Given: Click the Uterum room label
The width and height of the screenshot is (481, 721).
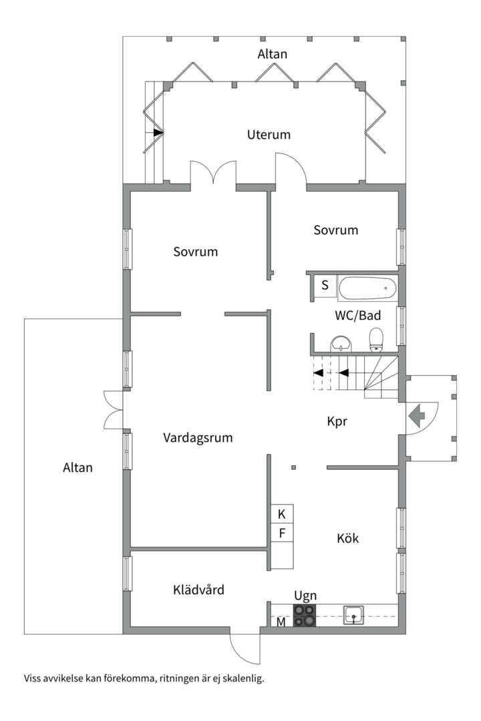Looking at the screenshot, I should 269,134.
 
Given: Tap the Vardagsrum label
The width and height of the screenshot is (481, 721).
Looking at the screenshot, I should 198,438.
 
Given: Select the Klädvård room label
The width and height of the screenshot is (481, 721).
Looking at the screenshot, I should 198,589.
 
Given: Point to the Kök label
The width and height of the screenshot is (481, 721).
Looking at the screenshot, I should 347,537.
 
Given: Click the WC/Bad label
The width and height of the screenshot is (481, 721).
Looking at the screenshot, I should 357,315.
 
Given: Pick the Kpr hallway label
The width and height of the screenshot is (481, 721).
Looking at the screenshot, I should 339,421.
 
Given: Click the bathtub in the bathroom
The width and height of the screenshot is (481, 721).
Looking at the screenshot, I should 367,288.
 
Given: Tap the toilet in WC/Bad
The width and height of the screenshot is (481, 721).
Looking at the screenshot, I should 376,338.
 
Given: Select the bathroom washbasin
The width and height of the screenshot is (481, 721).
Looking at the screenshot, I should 342,344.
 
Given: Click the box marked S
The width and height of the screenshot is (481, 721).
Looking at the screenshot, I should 325,286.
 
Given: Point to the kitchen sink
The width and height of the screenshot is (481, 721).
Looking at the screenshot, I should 353,615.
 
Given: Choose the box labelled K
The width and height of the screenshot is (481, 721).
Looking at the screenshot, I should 281,513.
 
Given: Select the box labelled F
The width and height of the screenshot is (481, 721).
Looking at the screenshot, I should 281,533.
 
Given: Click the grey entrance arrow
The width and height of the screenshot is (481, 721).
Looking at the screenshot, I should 416,417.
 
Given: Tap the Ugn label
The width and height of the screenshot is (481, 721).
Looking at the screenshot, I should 305,595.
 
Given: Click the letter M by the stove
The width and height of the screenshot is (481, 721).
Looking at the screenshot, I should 281,623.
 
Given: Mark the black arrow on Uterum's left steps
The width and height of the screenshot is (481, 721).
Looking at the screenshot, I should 158,133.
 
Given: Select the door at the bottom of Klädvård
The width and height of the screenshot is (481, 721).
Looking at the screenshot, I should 244,648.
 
